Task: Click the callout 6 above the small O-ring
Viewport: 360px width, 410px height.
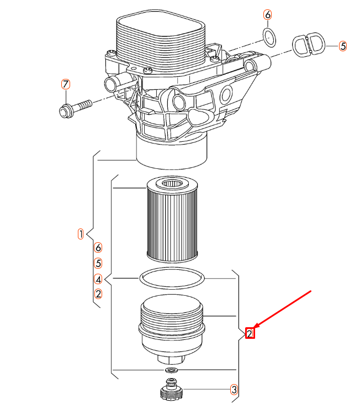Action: [268, 15]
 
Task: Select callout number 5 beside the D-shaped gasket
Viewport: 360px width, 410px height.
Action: [343, 46]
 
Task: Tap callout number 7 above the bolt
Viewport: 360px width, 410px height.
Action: [66, 84]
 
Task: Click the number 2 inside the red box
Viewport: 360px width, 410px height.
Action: [250, 333]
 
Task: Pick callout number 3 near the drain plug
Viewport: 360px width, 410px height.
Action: [234, 390]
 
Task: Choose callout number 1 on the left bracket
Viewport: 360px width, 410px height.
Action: [81, 234]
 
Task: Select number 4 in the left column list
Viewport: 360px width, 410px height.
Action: [98, 279]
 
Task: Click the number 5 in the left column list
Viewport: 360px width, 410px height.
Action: [98, 263]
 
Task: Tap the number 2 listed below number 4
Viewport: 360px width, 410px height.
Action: [98, 294]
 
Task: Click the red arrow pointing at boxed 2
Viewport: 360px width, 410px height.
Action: [284, 310]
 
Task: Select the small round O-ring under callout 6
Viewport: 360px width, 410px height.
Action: [269, 38]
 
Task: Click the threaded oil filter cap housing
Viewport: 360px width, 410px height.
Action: [172, 326]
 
